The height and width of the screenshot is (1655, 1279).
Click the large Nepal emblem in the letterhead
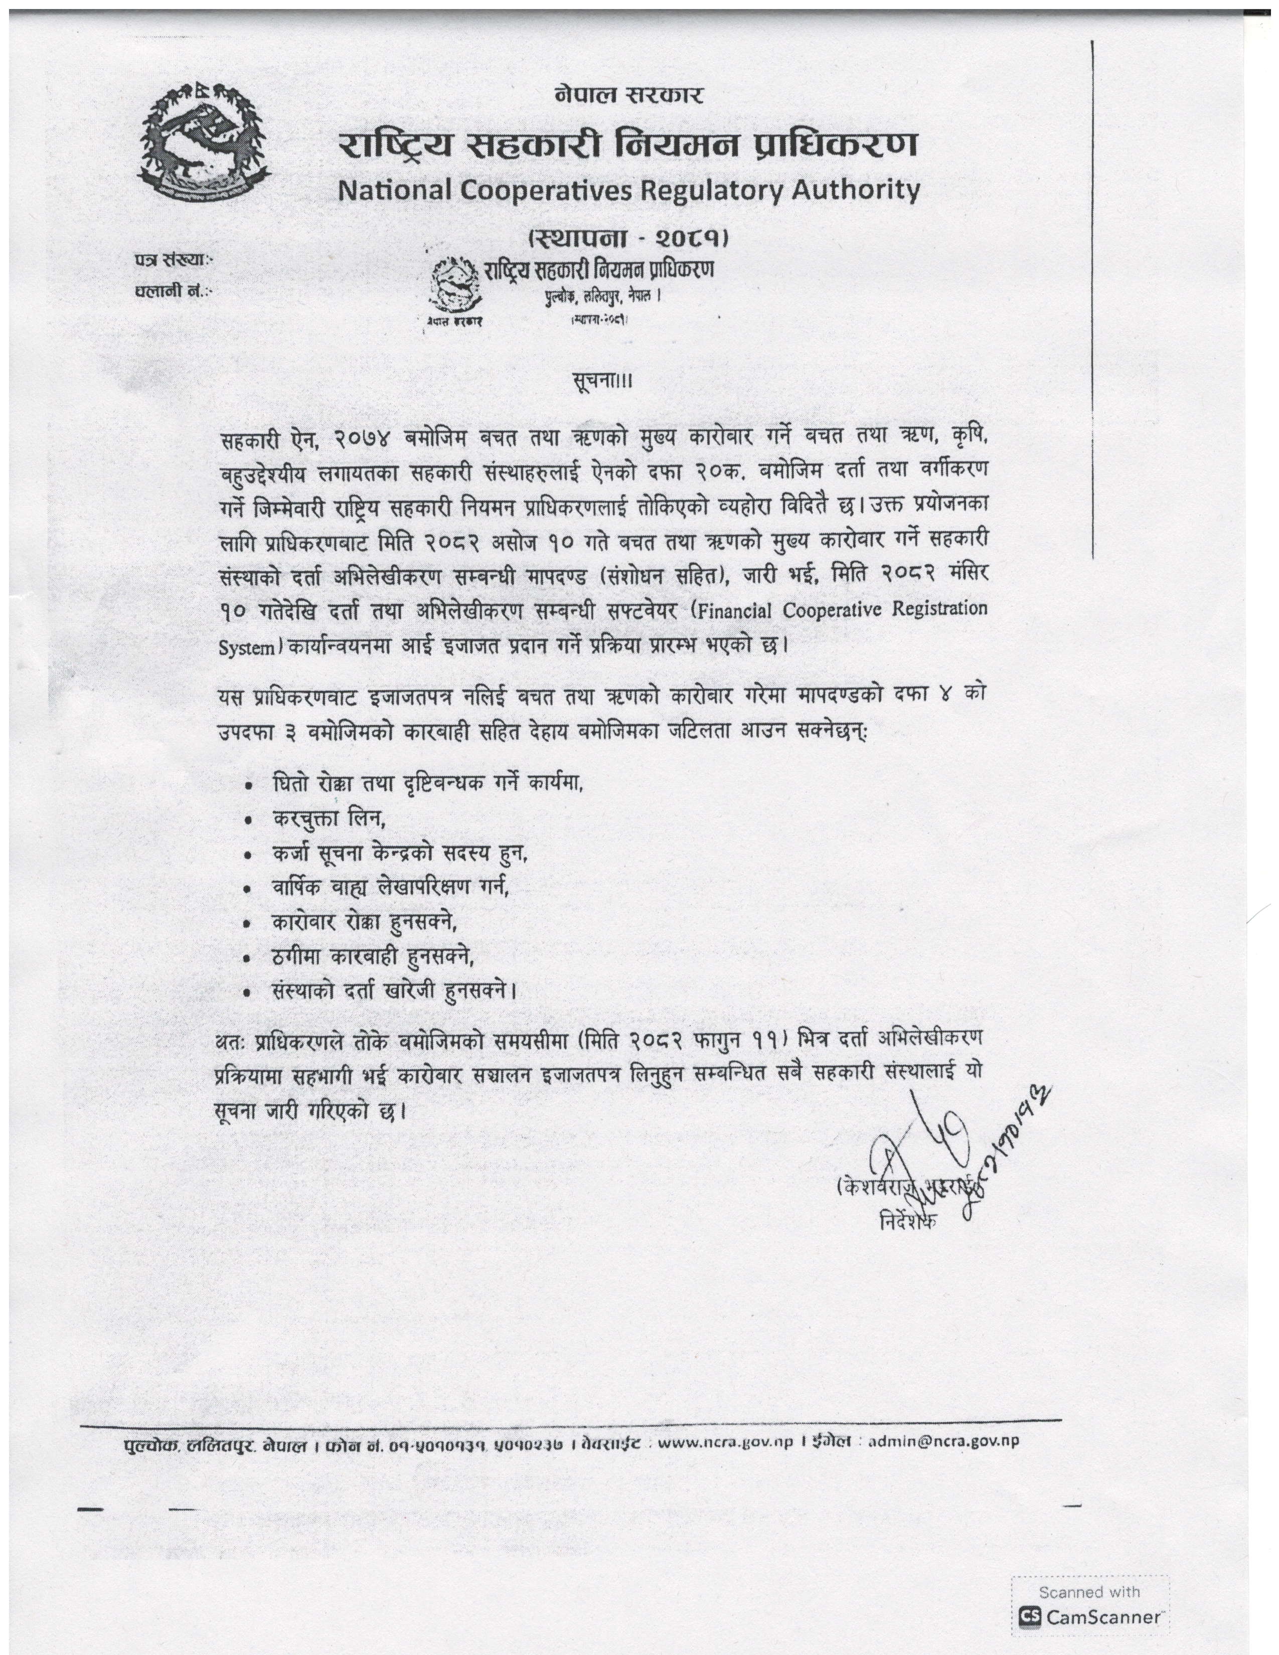pyautogui.click(x=205, y=142)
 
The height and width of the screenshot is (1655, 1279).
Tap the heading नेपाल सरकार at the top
pyautogui.click(x=629, y=95)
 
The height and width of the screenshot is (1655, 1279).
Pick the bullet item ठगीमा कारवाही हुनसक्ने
pyautogui.click(x=373, y=957)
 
